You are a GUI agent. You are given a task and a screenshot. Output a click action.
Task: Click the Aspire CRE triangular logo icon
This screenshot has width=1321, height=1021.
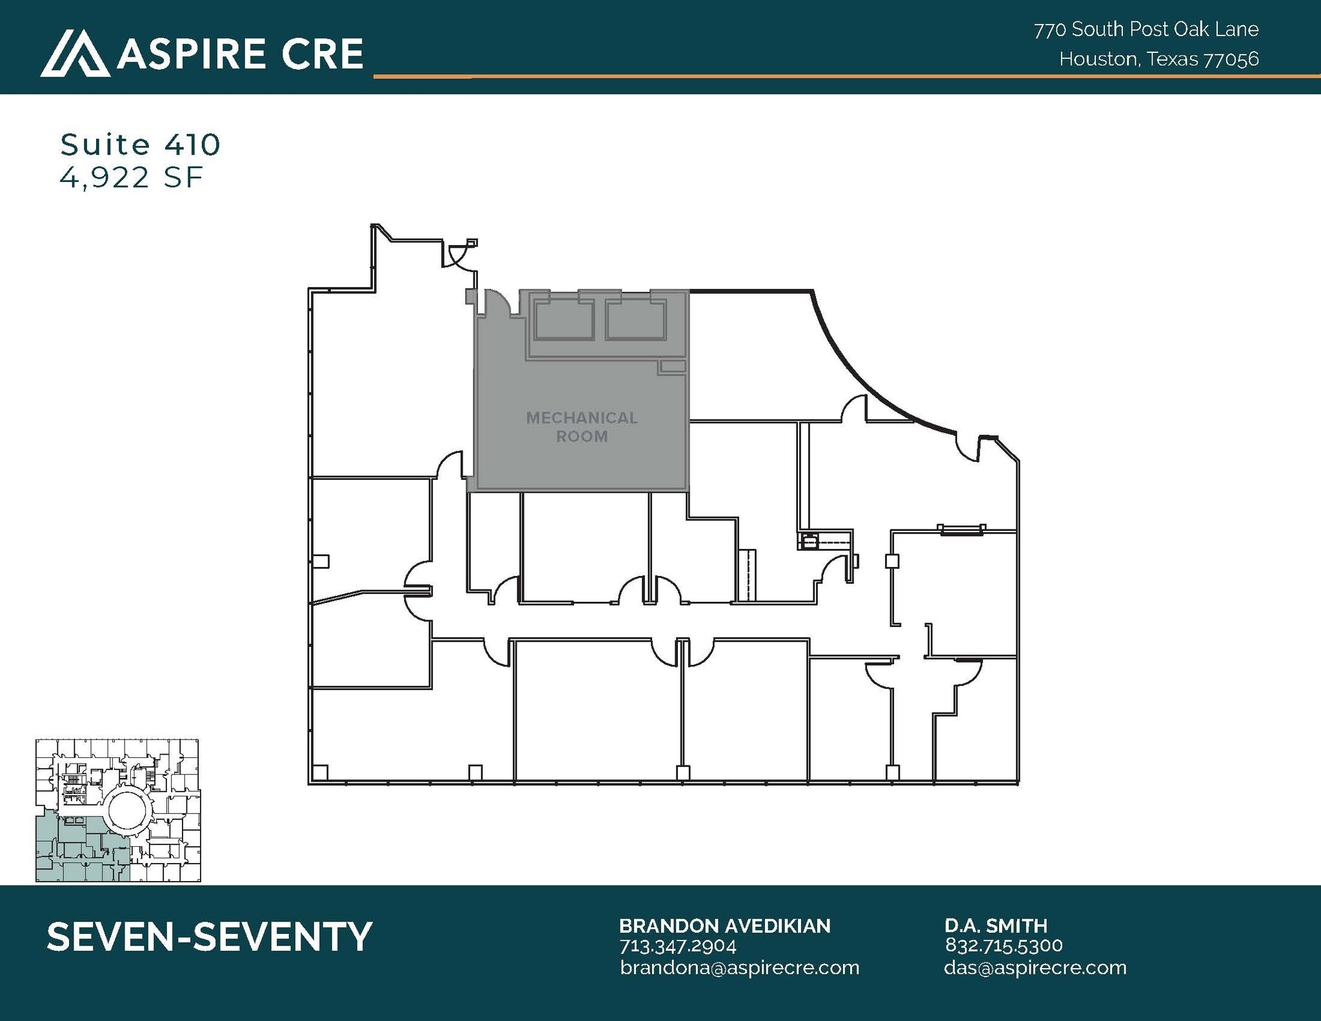click(x=75, y=54)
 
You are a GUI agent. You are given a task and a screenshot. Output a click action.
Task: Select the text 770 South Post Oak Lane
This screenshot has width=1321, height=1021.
click(x=1146, y=29)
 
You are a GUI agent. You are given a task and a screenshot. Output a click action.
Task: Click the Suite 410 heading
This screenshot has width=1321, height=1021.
click(x=140, y=144)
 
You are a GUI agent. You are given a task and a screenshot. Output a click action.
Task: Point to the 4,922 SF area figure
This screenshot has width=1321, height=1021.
click(x=132, y=177)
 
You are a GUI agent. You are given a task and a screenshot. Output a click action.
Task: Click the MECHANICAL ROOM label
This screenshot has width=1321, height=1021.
click(x=582, y=427)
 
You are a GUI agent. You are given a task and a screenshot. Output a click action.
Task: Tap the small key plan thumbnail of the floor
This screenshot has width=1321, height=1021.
click(x=117, y=810)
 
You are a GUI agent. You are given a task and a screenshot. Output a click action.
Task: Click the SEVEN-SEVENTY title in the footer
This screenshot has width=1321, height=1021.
click(x=210, y=937)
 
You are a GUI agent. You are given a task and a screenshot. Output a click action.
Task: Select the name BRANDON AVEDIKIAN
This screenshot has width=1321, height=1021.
click(x=724, y=926)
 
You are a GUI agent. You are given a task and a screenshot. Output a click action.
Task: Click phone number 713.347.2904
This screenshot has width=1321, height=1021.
click(x=677, y=946)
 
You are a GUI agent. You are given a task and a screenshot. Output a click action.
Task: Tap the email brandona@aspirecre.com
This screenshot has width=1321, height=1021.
click(x=739, y=967)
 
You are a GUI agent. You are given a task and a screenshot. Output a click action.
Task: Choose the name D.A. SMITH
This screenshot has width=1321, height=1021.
click(x=996, y=926)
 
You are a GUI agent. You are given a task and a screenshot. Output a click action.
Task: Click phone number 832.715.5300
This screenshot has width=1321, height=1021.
click(x=1004, y=946)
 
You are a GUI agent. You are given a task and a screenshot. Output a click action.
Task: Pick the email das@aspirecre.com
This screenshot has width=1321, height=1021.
click(x=1035, y=967)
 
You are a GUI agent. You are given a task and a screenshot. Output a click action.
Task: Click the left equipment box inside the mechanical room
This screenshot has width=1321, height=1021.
click(x=564, y=321)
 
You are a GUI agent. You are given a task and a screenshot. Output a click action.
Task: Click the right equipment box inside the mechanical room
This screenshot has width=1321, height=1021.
click(x=636, y=321)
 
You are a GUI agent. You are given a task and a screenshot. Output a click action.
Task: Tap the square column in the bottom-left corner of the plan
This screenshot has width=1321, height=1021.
click(x=320, y=771)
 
